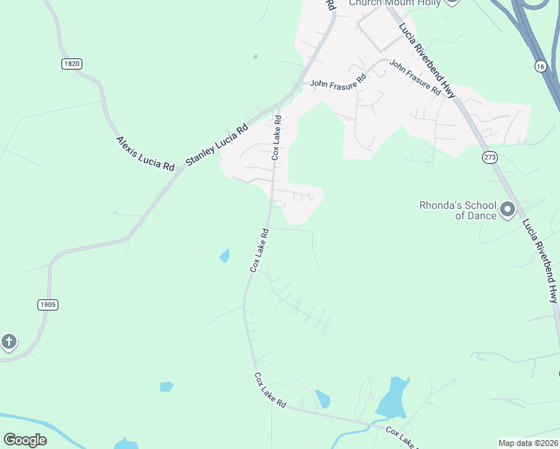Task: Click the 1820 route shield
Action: coord(71,64)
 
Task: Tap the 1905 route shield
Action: coord(46,305)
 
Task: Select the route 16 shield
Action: coord(540,67)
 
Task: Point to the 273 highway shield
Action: coord(490,157)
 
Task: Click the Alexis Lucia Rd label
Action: coord(144,153)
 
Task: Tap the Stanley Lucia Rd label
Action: coord(216,139)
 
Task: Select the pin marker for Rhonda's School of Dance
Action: coord(508,210)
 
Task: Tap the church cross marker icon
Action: coord(8,343)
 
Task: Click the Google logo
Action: coord(25,439)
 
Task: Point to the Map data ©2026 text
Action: coord(527,443)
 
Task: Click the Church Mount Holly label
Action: coord(395,3)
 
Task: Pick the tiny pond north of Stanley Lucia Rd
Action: coord(255,56)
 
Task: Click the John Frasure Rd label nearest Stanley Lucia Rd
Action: coord(338,79)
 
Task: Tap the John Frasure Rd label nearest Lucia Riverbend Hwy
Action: coord(415,76)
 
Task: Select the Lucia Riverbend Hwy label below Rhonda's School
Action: coord(540,260)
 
